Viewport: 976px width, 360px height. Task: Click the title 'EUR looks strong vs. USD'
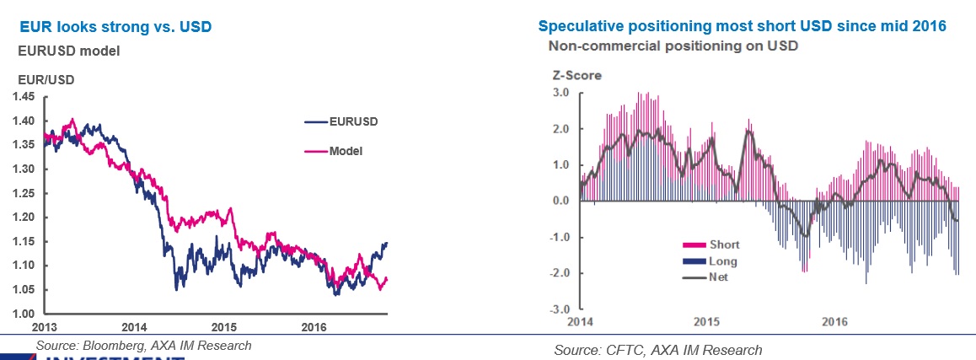pos(115,27)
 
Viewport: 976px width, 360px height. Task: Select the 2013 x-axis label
pos(46,327)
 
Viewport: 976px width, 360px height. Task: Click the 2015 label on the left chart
pos(223,327)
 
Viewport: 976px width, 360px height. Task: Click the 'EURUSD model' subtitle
pos(69,51)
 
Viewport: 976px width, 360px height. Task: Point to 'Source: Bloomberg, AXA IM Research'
pos(143,346)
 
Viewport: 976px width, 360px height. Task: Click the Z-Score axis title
pos(576,75)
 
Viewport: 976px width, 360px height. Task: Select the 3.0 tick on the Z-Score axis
pos(560,92)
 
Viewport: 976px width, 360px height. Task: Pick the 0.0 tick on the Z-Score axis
pos(560,201)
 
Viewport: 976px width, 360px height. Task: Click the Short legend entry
pos(723,245)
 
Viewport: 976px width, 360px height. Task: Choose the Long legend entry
pos(722,261)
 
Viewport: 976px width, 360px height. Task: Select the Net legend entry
pos(719,277)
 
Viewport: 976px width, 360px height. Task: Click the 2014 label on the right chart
pos(580,322)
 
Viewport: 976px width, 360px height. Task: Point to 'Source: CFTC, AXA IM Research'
pos(657,350)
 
